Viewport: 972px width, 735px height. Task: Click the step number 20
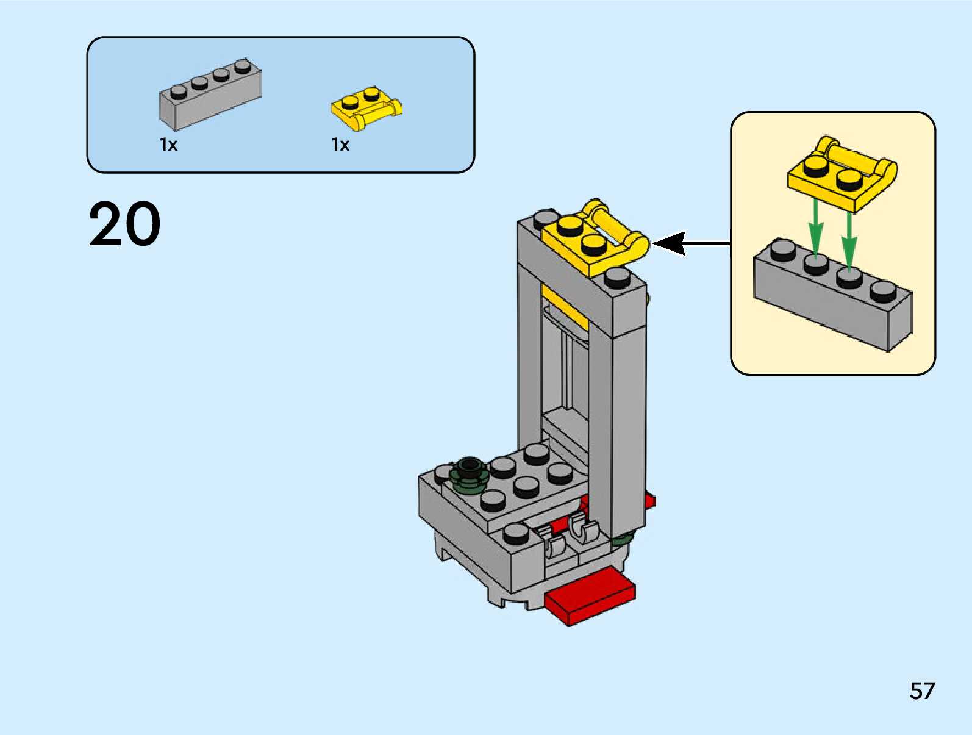click(x=125, y=224)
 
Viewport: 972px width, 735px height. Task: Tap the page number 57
click(x=922, y=691)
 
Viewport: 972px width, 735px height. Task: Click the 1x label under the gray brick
click(x=168, y=145)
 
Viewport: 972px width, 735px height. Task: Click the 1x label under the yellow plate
click(x=340, y=145)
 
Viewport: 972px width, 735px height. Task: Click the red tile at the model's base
click(x=590, y=596)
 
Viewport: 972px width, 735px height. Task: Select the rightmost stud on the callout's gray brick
click(x=883, y=290)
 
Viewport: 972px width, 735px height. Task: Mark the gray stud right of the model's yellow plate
click(x=617, y=276)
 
